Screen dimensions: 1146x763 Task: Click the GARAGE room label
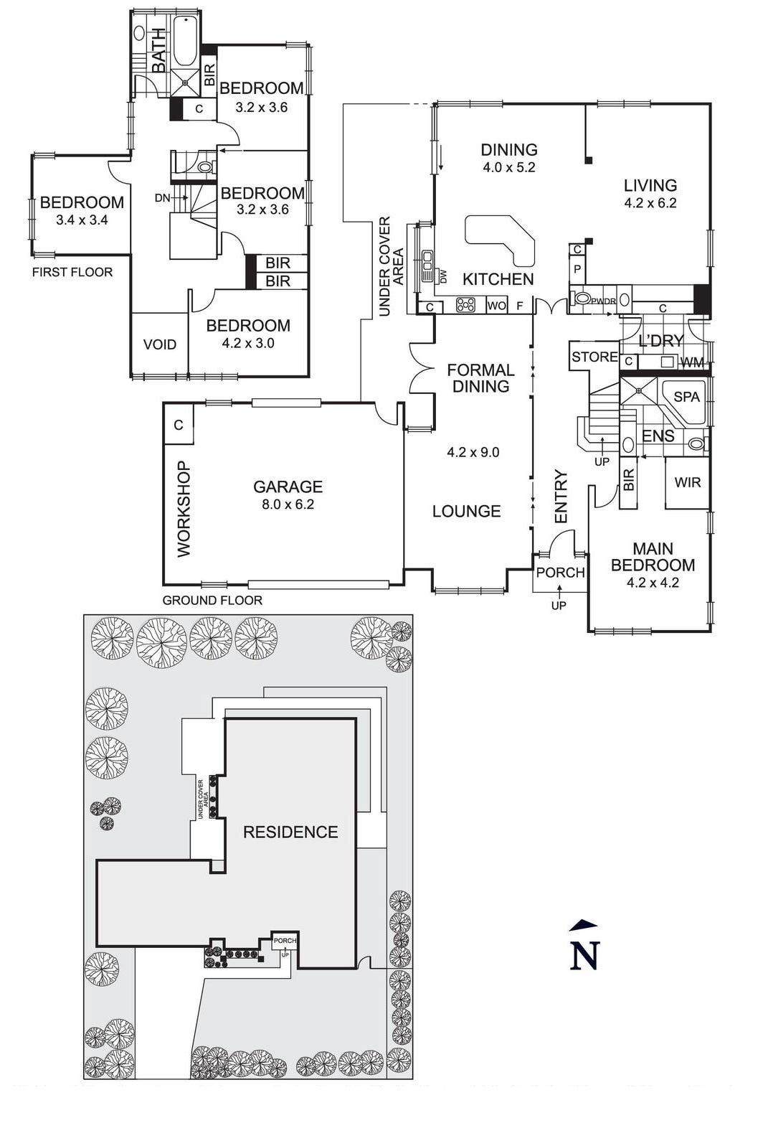click(x=288, y=487)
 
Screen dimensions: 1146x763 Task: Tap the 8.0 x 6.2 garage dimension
click(x=288, y=504)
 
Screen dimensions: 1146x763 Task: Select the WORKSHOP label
click(x=184, y=509)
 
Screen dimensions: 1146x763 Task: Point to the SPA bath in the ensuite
click(x=686, y=397)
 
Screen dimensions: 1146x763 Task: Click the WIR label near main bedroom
click(x=687, y=482)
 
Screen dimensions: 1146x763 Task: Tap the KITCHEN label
click(x=498, y=279)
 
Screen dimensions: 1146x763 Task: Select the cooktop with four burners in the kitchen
click(x=466, y=304)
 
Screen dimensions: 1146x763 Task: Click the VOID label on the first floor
click(x=159, y=344)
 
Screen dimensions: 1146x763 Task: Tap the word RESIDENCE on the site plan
click(x=290, y=832)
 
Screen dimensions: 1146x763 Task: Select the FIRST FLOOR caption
click(x=72, y=272)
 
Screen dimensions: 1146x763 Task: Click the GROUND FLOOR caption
click(x=212, y=600)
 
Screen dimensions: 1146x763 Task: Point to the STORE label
click(x=594, y=357)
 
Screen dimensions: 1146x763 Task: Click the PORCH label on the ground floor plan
click(x=560, y=573)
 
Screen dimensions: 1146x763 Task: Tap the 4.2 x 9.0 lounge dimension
click(x=473, y=452)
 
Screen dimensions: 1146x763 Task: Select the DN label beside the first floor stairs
click(x=162, y=198)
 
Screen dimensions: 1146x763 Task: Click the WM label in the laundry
click(x=692, y=363)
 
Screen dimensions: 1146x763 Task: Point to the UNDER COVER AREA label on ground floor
click(x=391, y=266)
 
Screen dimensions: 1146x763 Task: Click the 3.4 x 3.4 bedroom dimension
click(x=82, y=220)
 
